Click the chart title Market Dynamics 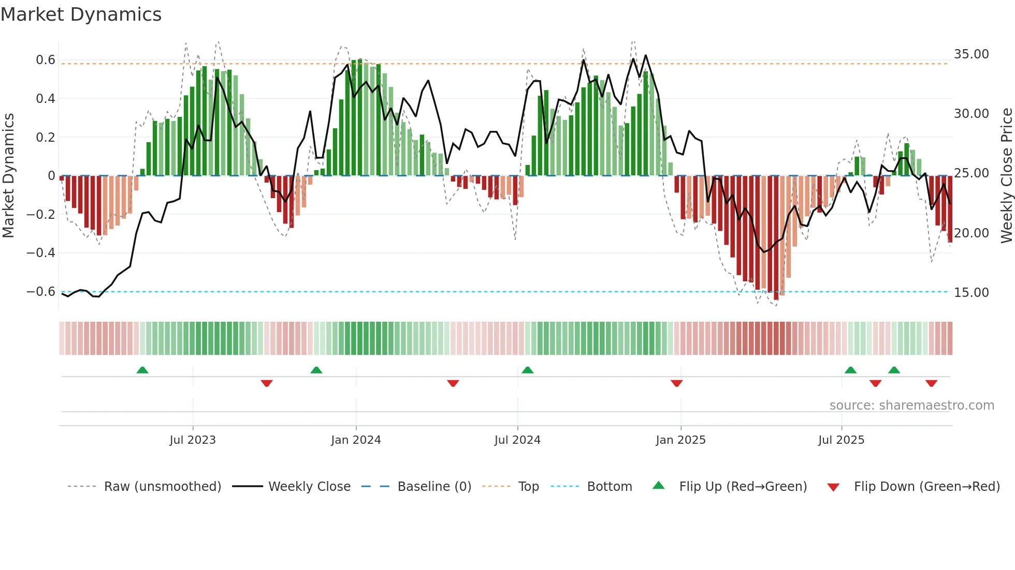[81, 14]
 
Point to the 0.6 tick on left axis [46, 60]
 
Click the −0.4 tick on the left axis [41, 253]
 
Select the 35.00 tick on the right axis [971, 54]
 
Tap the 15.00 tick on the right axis [971, 293]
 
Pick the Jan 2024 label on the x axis [356, 440]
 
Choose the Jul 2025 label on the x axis [841, 440]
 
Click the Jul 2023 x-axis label [193, 440]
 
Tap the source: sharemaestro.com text [911, 406]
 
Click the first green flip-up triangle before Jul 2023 [142, 370]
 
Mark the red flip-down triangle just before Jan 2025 [676, 383]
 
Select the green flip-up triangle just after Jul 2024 [527, 370]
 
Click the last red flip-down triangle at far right [931, 383]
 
